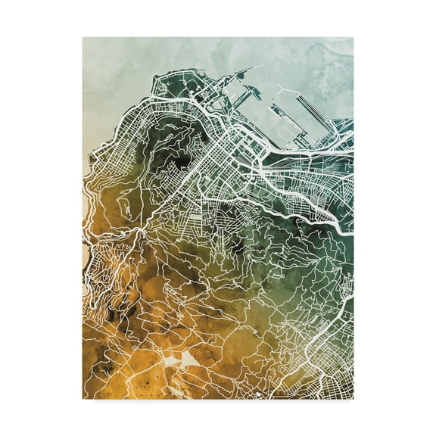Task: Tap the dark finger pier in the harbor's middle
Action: pos(261,114)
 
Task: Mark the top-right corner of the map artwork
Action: pos(353,37)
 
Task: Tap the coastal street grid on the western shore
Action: pos(114,151)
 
